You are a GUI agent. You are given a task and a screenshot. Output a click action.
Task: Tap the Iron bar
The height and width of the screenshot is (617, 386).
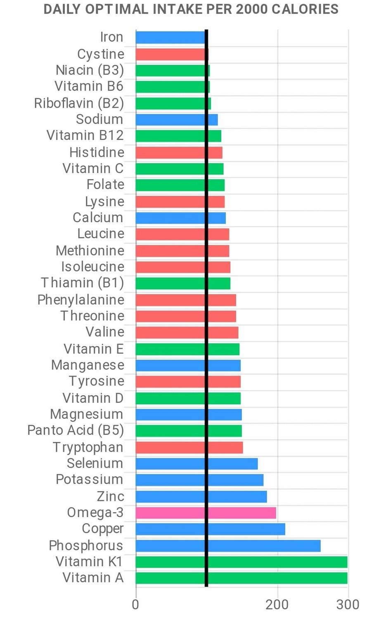click(170, 38)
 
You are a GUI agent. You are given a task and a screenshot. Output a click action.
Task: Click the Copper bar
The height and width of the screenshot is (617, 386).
click(210, 529)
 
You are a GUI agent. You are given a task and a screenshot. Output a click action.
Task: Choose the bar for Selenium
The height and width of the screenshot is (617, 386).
click(197, 463)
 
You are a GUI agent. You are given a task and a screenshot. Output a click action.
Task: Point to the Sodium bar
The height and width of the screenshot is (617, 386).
click(176, 119)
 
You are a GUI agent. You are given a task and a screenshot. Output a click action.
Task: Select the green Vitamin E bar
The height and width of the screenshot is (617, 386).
click(187, 349)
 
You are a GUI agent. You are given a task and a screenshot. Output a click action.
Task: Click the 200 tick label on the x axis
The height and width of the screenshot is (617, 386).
click(277, 605)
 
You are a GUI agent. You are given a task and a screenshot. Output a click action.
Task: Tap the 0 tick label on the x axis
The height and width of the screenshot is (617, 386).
click(135, 605)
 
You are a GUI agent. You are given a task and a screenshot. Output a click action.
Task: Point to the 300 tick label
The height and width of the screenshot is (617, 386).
click(348, 605)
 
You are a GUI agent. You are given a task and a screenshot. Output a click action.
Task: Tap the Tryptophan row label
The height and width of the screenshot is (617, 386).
click(88, 447)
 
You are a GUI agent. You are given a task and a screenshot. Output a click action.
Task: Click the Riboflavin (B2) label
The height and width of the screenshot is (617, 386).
click(79, 103)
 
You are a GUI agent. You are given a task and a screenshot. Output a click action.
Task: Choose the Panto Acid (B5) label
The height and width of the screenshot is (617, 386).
click(76, 430)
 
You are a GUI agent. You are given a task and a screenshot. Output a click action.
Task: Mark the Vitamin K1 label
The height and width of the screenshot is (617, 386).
click(90, 562)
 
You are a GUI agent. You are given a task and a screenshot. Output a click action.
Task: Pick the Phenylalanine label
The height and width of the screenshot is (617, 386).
click(81, 299)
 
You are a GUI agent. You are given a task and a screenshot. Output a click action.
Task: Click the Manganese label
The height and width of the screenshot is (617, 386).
click(88, 365)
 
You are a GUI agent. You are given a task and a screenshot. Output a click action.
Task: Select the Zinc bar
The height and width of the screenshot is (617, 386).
click(201, 496)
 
